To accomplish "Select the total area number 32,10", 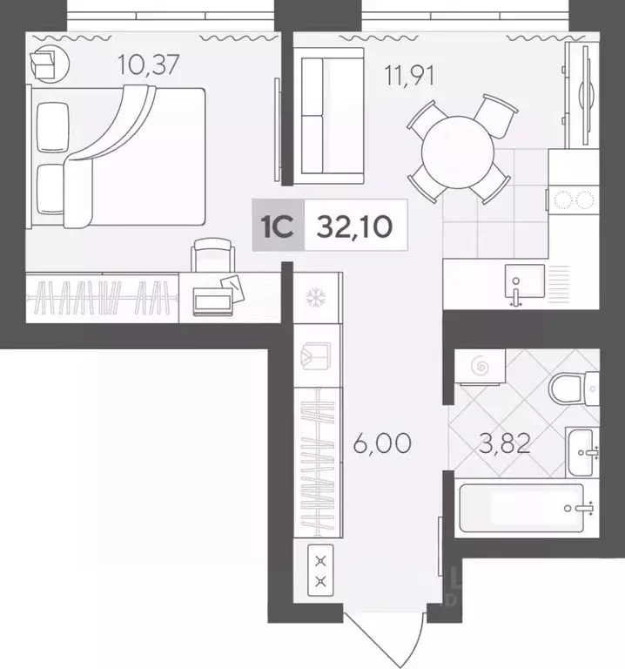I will tap(354, 227).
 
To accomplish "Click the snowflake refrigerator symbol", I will tap(314, 297).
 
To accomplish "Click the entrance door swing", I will tap(383, 640).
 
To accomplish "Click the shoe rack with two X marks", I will tap(321, 570).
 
